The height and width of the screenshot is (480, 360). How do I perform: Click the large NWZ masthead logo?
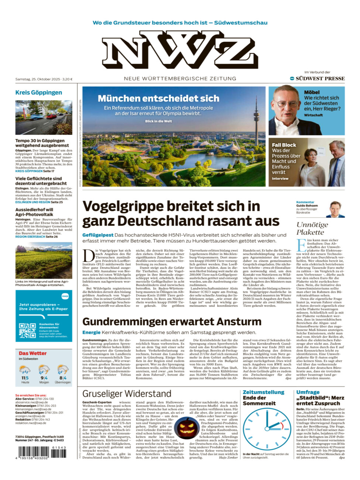(x=180, y=50)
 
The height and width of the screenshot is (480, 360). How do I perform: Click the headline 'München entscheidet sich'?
(x=158, y=98)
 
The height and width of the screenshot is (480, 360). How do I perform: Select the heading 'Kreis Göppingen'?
(x=38, y=92)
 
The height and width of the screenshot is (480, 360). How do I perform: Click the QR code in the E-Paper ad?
(x=27, y=330)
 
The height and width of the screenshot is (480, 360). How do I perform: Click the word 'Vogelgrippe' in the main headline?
(x=118, y=206)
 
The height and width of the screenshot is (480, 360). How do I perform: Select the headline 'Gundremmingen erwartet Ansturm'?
(x=172, y=322)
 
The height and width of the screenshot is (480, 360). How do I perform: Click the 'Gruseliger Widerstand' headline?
(x=127, y=394)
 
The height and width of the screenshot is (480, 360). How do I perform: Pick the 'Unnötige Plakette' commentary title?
(x=312, y=228)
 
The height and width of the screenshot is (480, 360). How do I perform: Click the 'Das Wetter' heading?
(x=32, y=353)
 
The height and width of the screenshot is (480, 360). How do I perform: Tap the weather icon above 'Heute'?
(x=25, y=370)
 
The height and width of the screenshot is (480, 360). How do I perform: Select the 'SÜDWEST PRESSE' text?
(x=320, y=78)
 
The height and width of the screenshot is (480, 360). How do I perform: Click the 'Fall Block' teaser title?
(x=284, y=145)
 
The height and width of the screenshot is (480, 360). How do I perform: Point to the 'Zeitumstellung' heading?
(x=263, y=392)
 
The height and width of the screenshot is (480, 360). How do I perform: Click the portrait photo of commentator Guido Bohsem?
(x=335, y=209)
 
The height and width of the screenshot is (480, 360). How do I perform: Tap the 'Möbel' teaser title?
(x=312, y=92)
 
